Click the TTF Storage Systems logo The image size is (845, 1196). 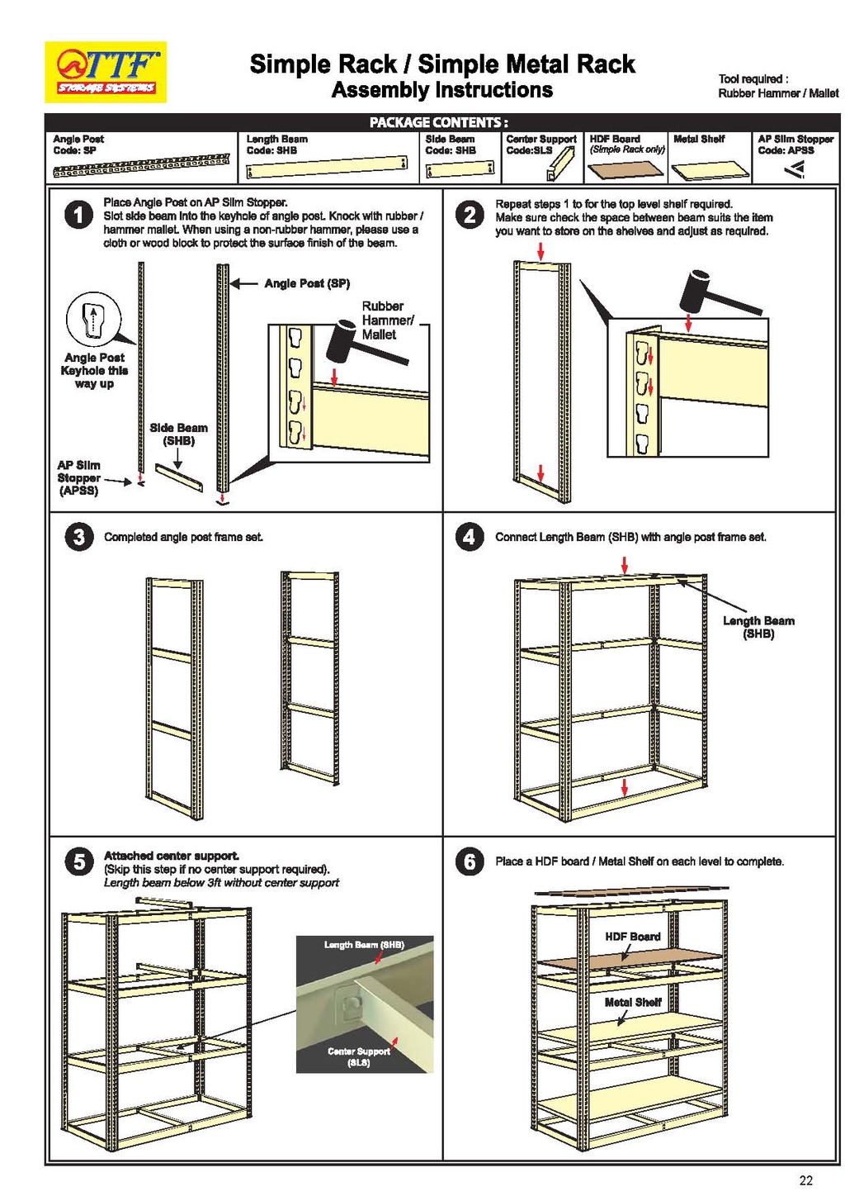[x=106, y=72]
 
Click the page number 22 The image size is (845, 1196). [x=805, y=1179]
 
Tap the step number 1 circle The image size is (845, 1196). [x=78, y=216]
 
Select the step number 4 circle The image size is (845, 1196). [x=469, y=537]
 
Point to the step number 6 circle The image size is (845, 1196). [x=469, y=861]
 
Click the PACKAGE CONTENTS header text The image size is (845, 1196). [x=438, y=122]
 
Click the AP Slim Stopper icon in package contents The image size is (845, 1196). [x=795, y=169]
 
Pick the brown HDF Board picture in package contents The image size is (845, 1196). [x=625, y=169]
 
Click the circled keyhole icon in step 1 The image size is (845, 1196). [x=93, y=320]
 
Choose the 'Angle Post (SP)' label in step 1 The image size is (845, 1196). [x=307, y=283]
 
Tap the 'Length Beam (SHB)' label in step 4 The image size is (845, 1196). [x=758, y=627]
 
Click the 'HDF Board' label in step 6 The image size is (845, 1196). [x=632, y=937]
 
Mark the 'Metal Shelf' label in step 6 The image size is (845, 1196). [x=632, y=1002]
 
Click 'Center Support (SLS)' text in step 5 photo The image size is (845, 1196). [x=359, y=1056]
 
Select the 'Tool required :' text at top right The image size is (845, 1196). [x=753, y=79]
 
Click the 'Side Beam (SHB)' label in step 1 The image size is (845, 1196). [x=178, y=434]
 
